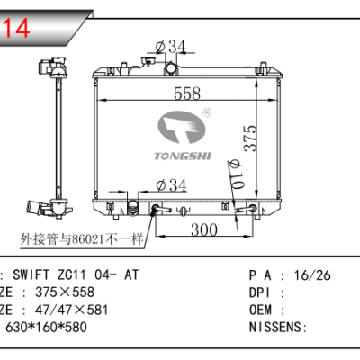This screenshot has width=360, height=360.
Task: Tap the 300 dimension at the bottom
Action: (x=204, y=230)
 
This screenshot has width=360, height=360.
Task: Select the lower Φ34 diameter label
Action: (x=171, y=185)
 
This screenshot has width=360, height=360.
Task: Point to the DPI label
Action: (x=260, y=292)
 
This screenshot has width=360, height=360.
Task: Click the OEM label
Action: (x=260, y=309)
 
